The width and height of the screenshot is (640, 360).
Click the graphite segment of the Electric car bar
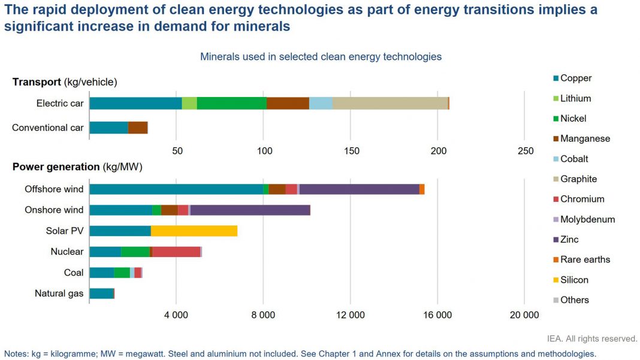[x=390, y=103]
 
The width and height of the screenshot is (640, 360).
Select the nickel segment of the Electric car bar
[x=231, y=103]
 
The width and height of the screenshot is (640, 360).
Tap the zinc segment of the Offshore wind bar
[x=359, y=189]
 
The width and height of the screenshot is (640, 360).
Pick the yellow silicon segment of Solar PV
[x=194, y=231]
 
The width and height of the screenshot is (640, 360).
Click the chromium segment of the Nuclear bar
[x=176, y=252]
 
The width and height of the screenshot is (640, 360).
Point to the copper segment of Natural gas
[x=101, y=294]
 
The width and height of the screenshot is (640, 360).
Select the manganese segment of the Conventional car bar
[x=138, y=128]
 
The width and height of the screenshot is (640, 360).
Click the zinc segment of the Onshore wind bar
[x=250, y=210]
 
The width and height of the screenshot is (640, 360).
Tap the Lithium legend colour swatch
[x=556, y=99]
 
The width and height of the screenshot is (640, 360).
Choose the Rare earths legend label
[x=585, y=259]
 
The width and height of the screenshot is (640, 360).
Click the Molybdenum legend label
[x=587, y=219]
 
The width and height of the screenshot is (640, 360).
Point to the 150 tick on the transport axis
[x=351, y=151]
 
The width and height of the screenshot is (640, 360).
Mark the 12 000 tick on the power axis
[x=351, y=315]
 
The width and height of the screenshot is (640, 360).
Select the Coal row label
[x=74, y=273]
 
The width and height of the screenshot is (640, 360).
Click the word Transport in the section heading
[x=37, y=82]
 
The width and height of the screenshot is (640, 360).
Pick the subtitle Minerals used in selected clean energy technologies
[x=321, y=57]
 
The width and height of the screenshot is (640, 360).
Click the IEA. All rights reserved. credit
[x=592, y=338]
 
